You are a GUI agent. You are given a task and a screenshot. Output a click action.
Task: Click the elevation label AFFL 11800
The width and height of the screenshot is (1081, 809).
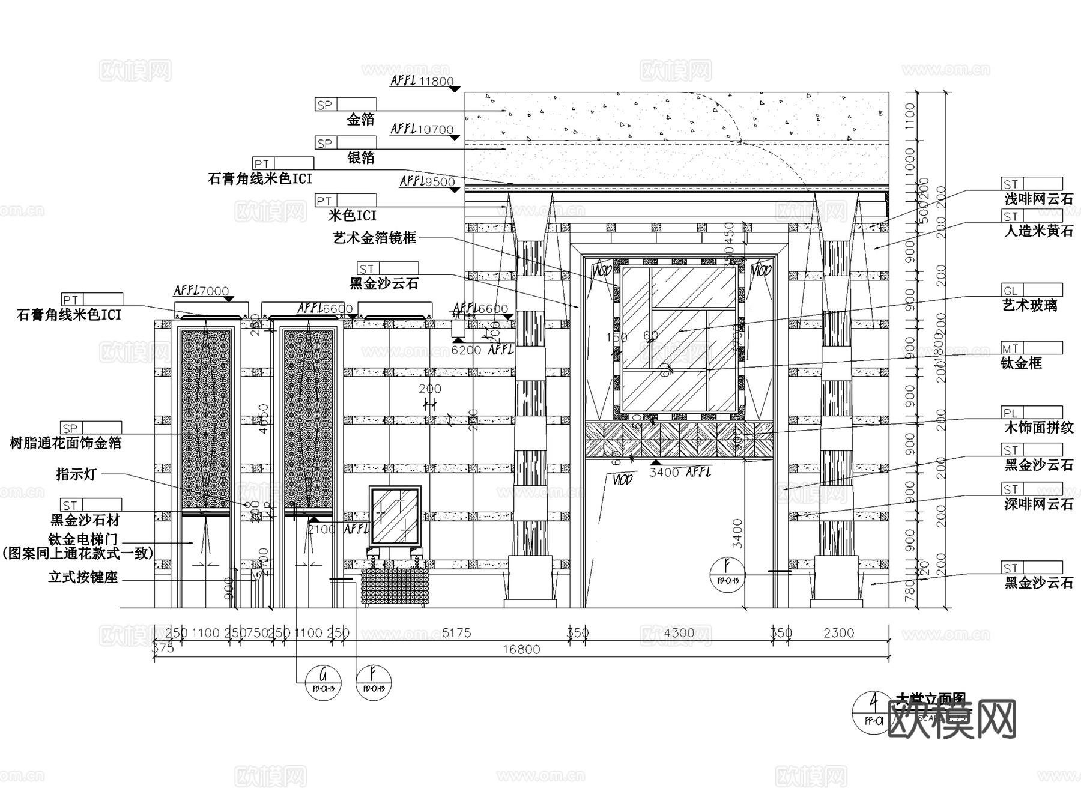pyautogui.click(x=422, y=81)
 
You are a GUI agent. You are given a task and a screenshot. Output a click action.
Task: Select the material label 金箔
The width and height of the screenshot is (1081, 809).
pyautogui.click(x=360, y=120)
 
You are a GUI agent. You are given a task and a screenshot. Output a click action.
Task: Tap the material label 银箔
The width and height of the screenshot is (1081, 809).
pyautogui.click(x=360, y=157)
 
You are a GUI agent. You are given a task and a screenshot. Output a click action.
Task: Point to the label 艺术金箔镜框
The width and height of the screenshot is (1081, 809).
pyautogui.click(x=375, y=238)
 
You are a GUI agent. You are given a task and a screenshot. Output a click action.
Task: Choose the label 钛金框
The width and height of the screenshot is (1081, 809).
pyautogui.click(x=1021, y=363)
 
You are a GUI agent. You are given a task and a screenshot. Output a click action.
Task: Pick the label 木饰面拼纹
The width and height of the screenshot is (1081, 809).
pyautogui.click(x=1039, y=428)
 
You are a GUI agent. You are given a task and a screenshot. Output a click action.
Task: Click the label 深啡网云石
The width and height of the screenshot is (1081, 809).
pyautogui.click(x=1039, y=504)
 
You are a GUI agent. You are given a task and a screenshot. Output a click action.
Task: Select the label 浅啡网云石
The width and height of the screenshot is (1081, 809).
pyautogui.click(x=1039, y=199)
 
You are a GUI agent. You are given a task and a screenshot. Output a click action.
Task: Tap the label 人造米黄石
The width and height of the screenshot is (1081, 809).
pyautogui.click(x=1039, y=231)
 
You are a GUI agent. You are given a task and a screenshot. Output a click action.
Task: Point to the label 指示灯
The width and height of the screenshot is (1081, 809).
pyautogui.click(x=76, y=474)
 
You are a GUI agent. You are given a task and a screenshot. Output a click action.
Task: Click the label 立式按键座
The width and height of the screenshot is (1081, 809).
pyautogui.click(x=83, y=578)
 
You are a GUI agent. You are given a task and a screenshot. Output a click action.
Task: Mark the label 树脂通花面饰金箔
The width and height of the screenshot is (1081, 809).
pyautogui.click(x=66, y=443)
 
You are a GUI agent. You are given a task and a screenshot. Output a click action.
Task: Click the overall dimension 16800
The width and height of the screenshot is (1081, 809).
pyautogui.click(x=521, y=649)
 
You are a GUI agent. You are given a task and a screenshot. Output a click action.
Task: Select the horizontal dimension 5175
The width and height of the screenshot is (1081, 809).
pyautogui.click(x=456, y=632)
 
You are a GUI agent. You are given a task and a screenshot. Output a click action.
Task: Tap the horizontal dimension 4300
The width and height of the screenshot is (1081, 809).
pyautogui.click(x=679, y=632)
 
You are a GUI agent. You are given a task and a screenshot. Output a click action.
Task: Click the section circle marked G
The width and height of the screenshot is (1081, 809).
pyautogui.click(x=324, y=682)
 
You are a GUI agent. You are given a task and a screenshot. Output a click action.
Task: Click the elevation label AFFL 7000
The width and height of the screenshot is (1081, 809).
pyautogui.click(x=201, y=291)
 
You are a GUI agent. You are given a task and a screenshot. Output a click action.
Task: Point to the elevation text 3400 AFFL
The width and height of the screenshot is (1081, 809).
pyautogui.click(x=680, y=473)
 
